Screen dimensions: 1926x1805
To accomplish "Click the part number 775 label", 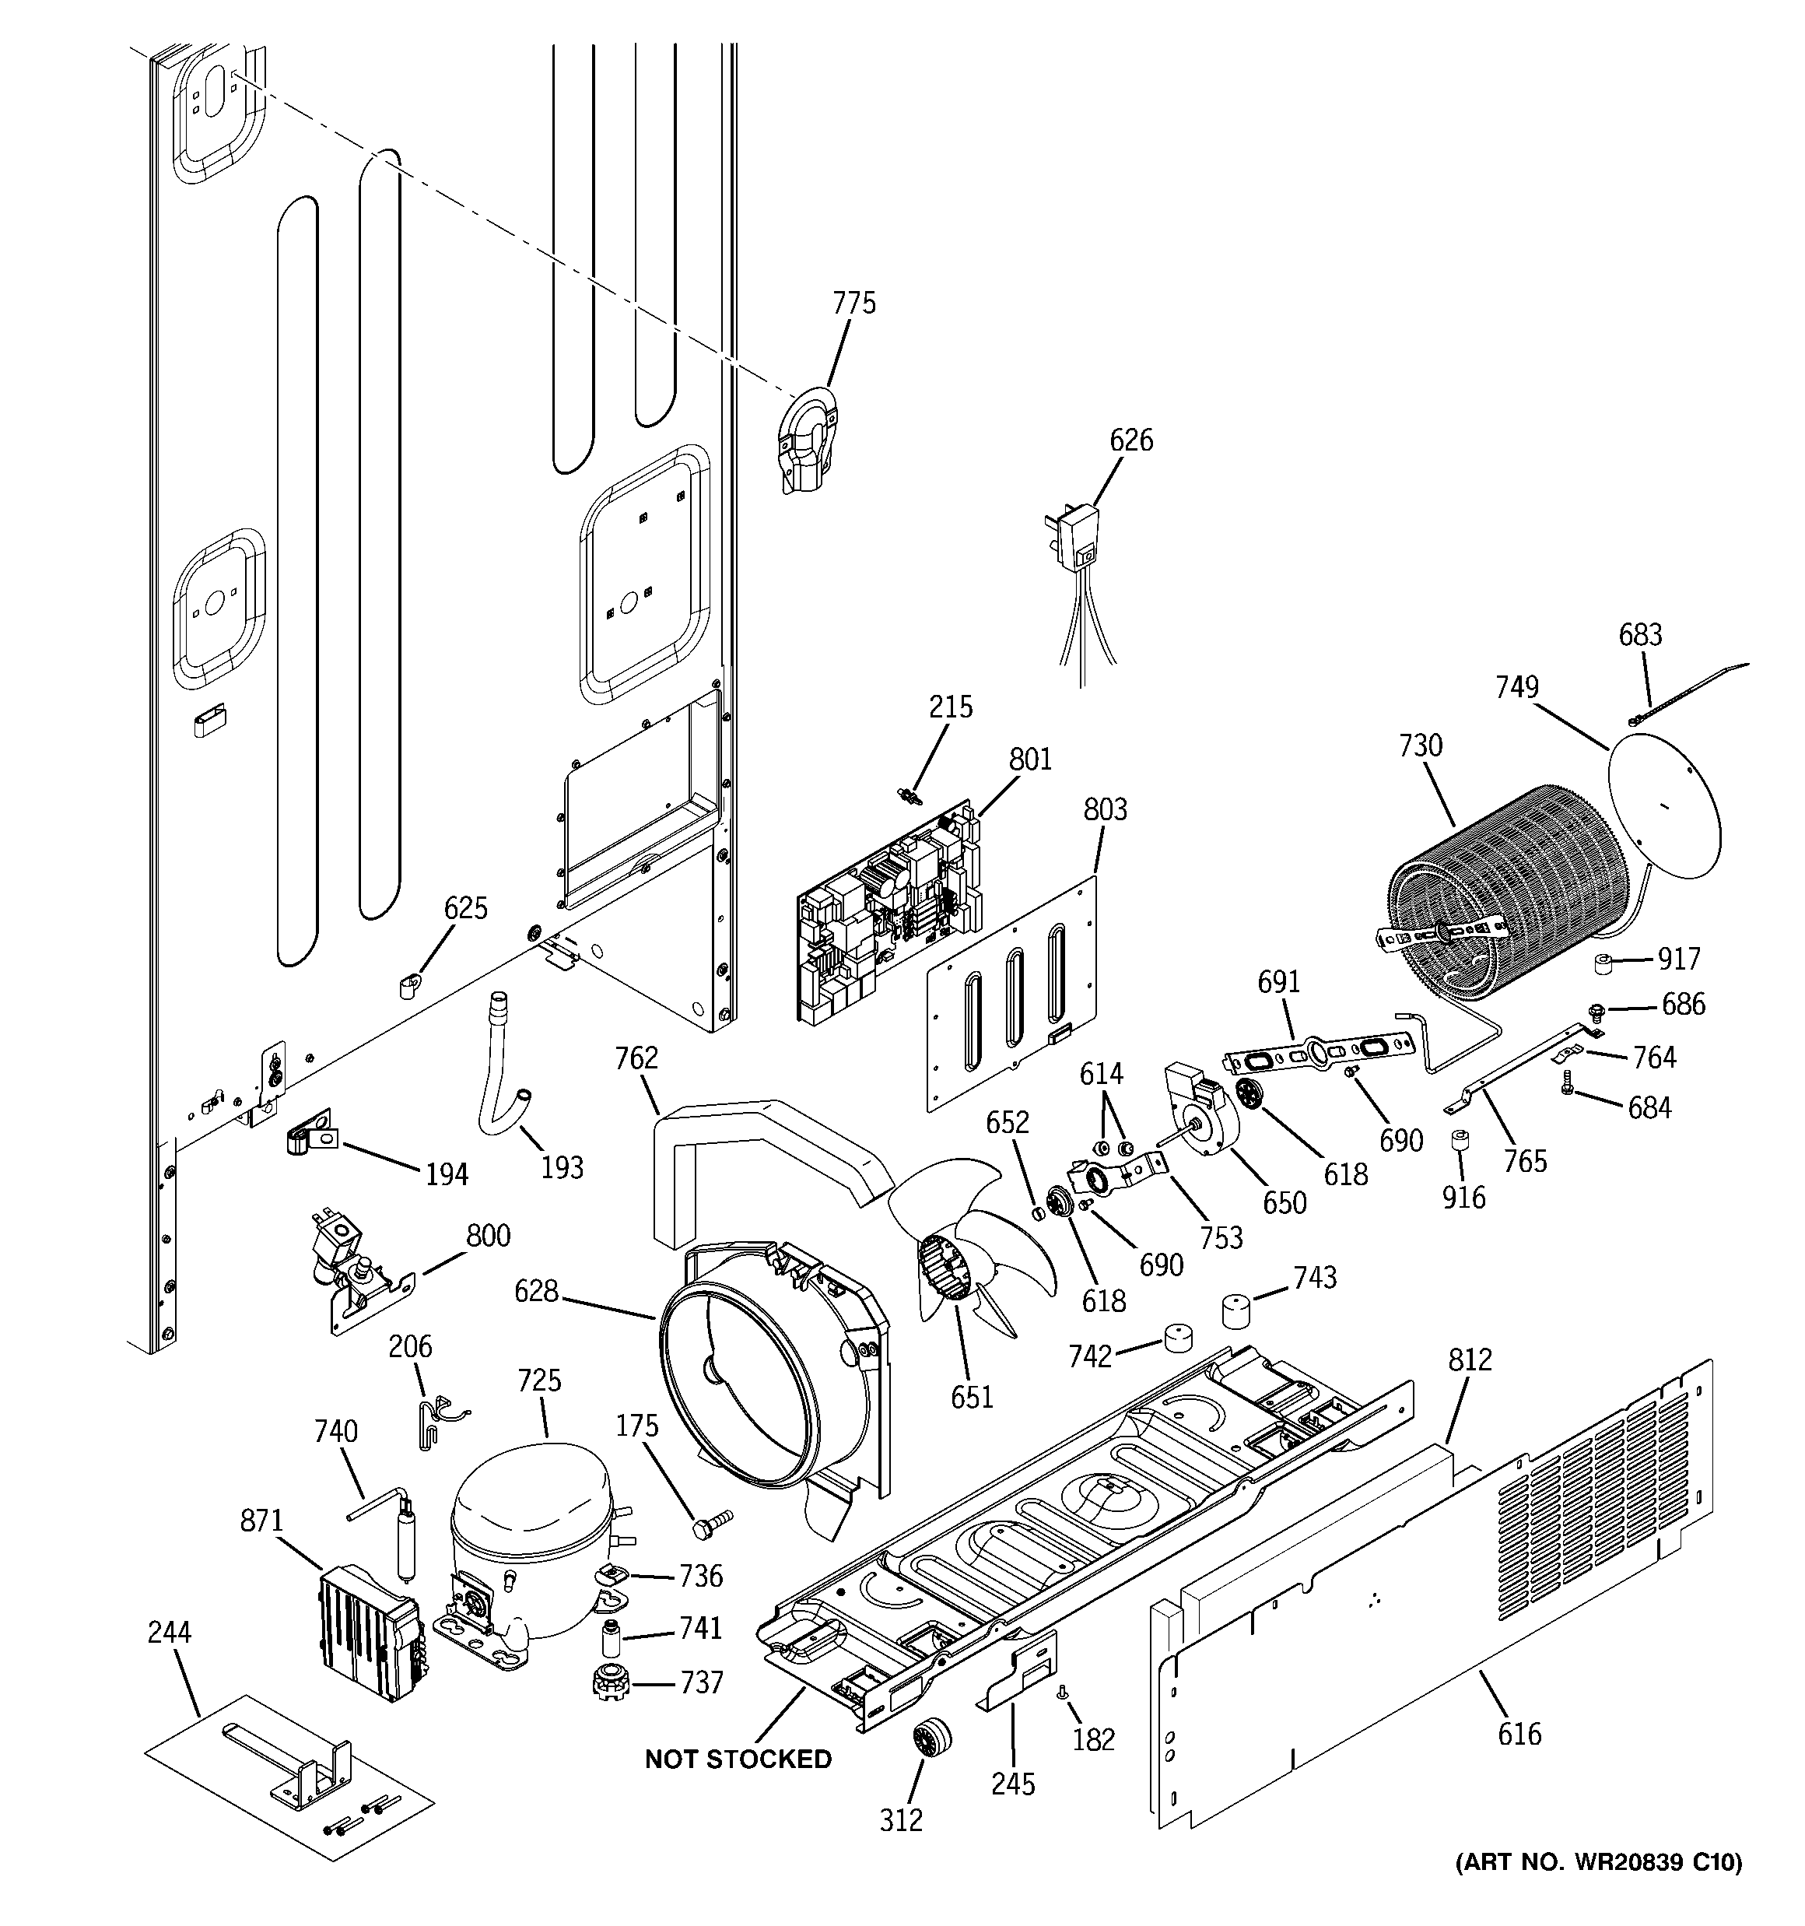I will click(x=853, y=304).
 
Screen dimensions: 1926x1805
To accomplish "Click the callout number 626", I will click(x=1130, y=440).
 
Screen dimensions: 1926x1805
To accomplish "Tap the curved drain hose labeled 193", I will click(x=501, y=1065).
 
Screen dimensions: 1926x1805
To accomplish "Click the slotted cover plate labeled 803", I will click(x=1011, y=993).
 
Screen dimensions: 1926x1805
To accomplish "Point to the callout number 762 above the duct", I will click(x=636, y=1059).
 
